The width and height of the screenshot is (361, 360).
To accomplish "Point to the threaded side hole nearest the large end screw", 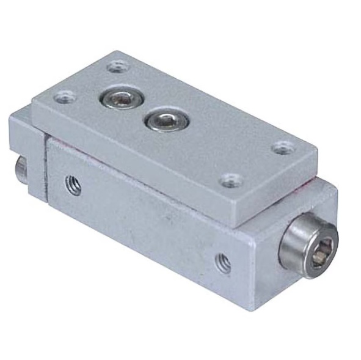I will pos(223,262).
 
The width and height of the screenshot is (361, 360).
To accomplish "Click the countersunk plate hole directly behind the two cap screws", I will pos(116,66).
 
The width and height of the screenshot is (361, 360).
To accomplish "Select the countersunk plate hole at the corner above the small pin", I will pos(64,97).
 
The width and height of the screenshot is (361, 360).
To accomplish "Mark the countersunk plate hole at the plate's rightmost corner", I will pos(282,147).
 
